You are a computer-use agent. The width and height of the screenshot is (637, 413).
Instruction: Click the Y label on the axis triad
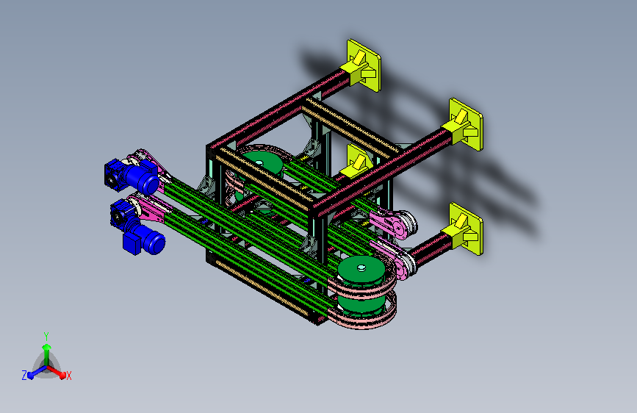point(46,336)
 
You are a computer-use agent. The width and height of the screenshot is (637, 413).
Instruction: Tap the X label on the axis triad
point(68,376)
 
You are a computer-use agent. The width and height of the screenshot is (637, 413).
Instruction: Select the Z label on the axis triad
point(24,376)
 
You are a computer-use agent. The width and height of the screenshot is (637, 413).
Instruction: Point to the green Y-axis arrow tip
point(47,347)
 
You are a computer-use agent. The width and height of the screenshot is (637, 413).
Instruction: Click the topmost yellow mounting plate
point(364,65)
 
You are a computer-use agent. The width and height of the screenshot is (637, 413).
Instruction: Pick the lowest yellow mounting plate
point(466,229)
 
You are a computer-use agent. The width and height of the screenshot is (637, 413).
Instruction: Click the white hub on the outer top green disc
point(361,267)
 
